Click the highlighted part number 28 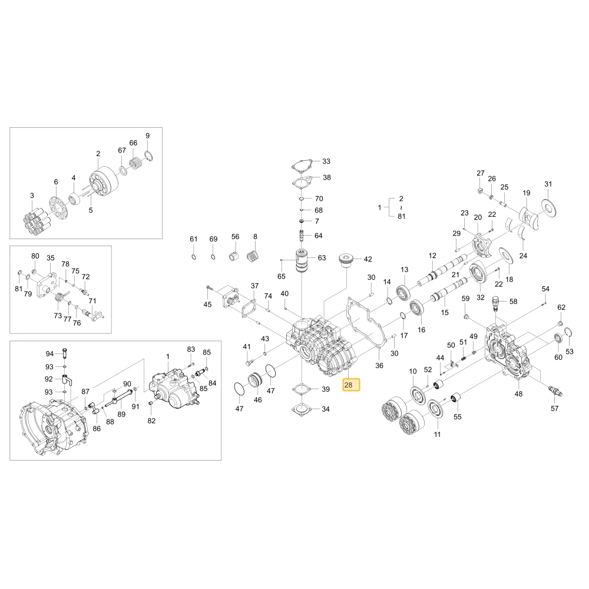[348, 385]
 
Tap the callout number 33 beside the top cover [326, 161]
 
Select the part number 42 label [368, 259]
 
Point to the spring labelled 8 [253, 256]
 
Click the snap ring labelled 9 [149, 155]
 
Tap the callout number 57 [554, 408]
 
